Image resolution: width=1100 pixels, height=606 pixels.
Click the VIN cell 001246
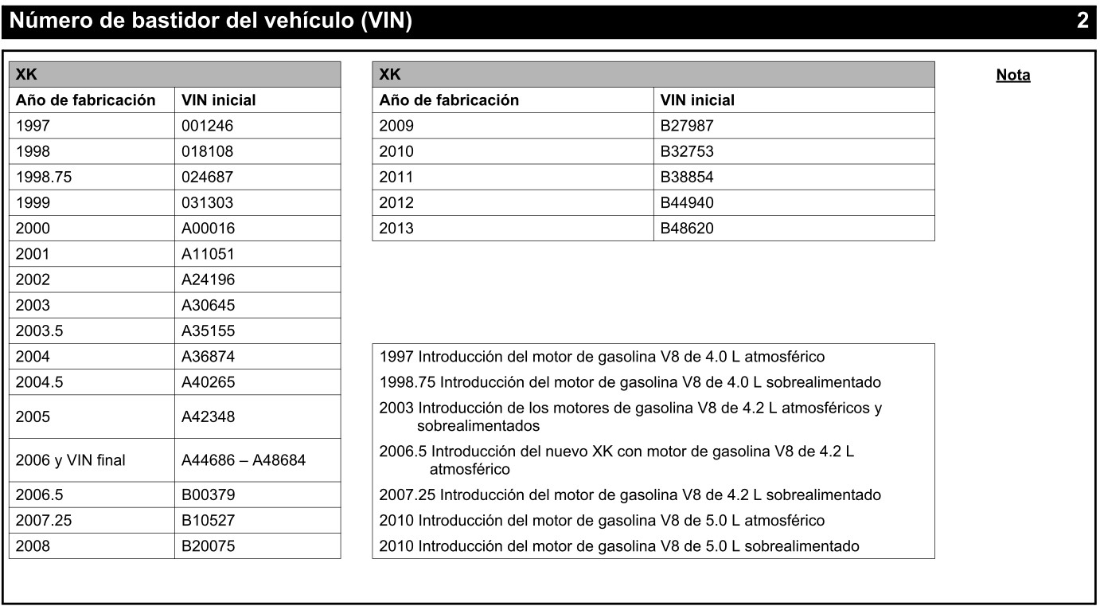pyautogui.click(x=208, y=126)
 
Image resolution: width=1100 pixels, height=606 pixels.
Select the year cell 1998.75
pyautogui.click(x=44, y=177)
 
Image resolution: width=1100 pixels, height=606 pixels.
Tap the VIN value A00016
pyautogui.click(x=209, y=228)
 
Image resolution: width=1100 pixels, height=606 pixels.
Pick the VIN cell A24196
pyautogui.click(x=209, y=279)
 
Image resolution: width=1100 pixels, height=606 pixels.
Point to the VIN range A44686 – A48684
pyautogui.click(x=244, y=459)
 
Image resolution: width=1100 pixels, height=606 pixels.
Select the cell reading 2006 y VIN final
pyautogui.click(x=71, y=459)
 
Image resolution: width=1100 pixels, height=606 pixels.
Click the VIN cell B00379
pyautogui.click(x=209, y=495)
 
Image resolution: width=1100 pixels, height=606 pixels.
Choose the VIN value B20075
pyautogui.click(x=209, y=545)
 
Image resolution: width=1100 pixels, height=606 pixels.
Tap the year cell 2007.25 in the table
pyautogui.click(x=44, y=520)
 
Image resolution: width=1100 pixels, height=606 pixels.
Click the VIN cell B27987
pyautogui.click(x=687, y=126)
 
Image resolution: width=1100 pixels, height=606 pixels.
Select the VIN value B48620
pyautogui.click(x=687, y=228)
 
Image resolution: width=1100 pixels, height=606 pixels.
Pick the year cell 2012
pyautogui.click(x=396, y=202)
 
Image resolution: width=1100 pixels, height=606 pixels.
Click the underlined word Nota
pyautogui.click(x=1012, y=76)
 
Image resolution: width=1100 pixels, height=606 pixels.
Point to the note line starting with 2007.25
pyautogui.click(x=630, y=495)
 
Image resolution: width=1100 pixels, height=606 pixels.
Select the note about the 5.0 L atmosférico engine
pyautogui.click(x=601, y=520)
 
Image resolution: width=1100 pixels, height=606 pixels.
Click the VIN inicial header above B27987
pyautogui.click(x=698, y=100)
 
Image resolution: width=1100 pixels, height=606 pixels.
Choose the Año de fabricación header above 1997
pyautogui.click(x=86, y=100)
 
